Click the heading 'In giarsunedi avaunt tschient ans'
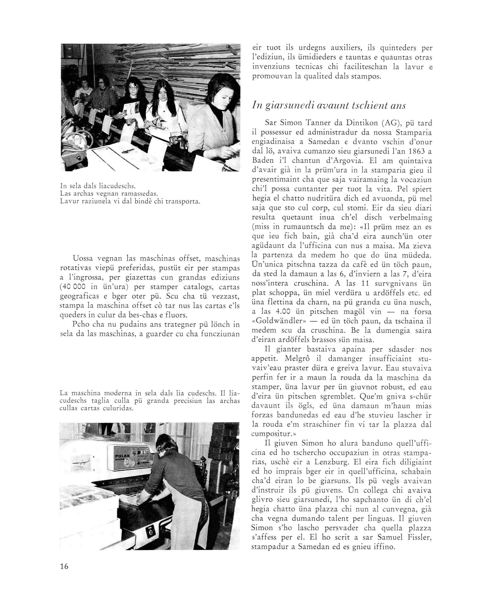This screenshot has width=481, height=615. (329, 105)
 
